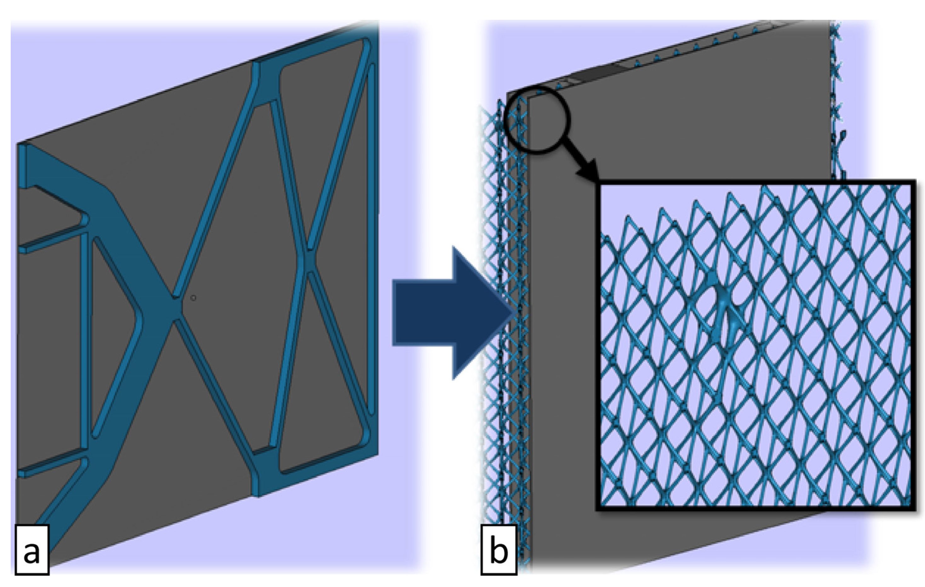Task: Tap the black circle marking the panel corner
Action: pos(537,121)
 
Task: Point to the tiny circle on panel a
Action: pos(193,298)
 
